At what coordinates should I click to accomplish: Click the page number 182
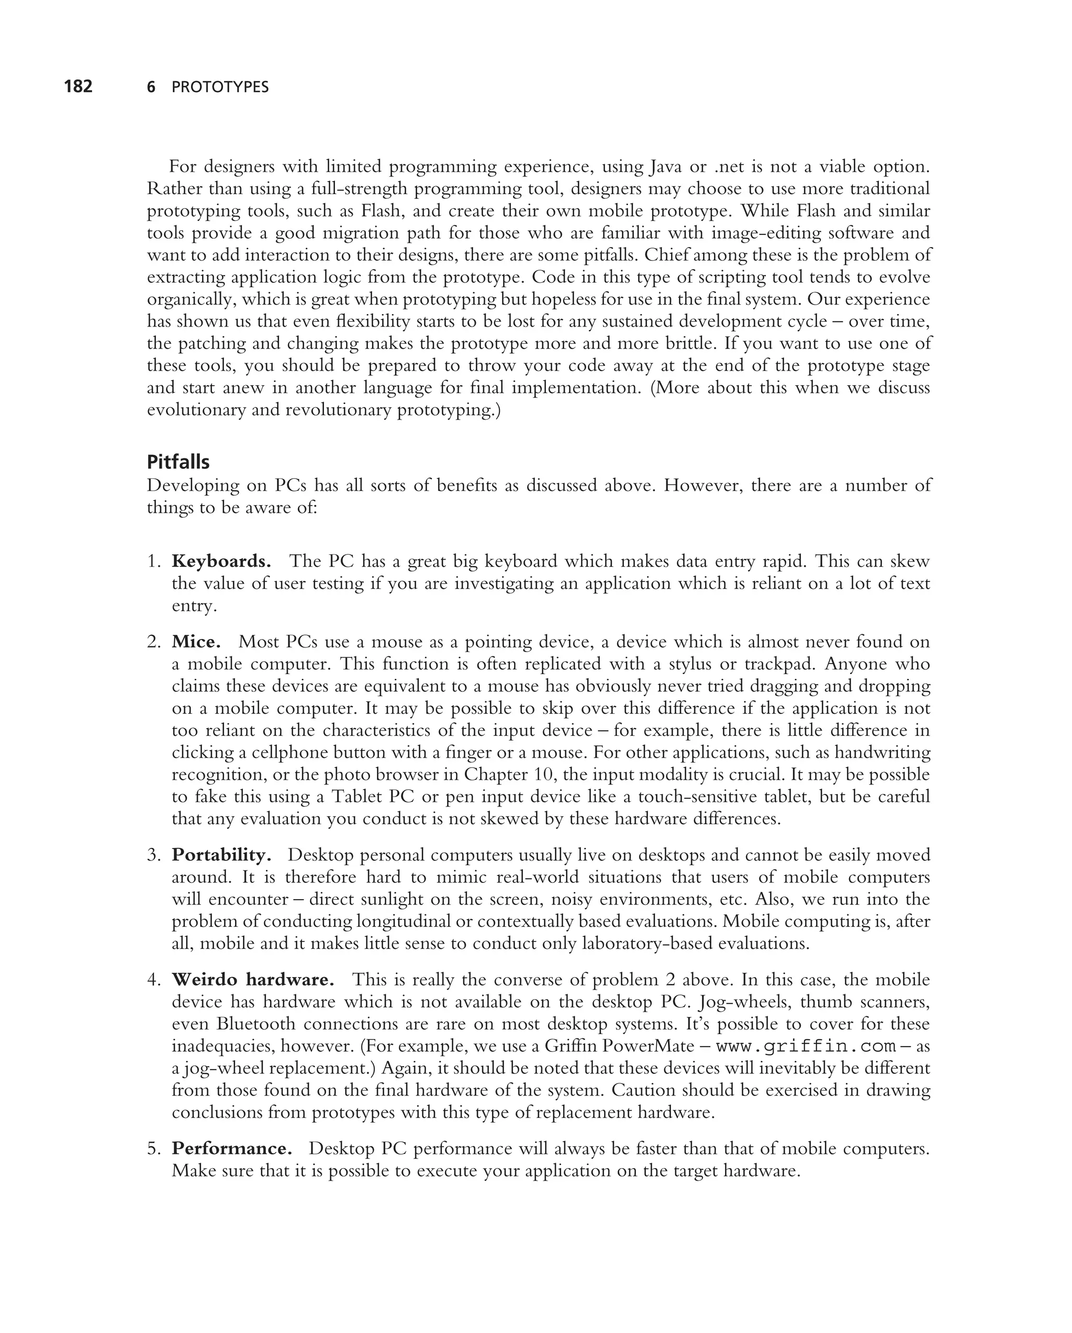[78, 86]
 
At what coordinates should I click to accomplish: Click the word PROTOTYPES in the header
[220, 87]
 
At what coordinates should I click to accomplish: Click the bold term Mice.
[196, 642]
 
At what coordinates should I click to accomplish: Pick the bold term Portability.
[221, 855]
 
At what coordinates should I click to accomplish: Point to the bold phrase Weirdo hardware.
[253, 980]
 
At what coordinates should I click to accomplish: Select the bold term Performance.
[232, 1149]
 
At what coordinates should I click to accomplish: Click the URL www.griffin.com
[806, 1047]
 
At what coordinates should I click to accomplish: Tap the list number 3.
[153, 855]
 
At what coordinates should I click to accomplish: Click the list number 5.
[153, 1149]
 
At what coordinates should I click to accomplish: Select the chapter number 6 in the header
[151, 87]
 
